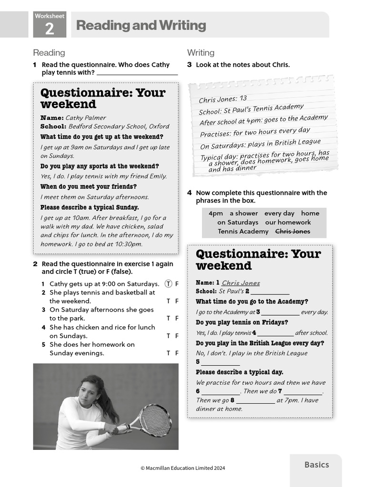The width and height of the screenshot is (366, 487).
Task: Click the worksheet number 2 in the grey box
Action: pos(49,29)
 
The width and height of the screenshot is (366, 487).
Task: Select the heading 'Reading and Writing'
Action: pos(141,25)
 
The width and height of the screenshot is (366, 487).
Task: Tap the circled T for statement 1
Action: pos(168,283)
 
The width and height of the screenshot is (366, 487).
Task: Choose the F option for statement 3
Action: pos(177,318)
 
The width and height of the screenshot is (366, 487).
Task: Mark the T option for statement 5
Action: pos(168,353)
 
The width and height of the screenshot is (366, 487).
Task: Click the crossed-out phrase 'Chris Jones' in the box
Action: pos(292,231)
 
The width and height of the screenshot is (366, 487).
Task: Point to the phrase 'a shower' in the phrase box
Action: pos(244,213)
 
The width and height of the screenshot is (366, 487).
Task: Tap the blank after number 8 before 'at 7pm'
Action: pos(255,400)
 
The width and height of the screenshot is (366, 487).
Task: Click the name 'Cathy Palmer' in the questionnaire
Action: pos(86,117)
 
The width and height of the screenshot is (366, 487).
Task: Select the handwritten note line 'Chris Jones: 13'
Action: pos(223,99)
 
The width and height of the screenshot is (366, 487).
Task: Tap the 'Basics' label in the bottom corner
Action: pos(316,465)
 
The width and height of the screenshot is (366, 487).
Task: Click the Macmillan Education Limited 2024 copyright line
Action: pos(183,468)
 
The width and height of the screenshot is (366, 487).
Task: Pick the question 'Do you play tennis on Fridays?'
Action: pos(242,322)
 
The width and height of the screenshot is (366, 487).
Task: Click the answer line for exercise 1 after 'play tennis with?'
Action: pos(137,73)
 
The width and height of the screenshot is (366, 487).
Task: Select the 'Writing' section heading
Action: pos(201,53)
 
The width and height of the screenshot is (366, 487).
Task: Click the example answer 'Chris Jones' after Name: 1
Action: pos(241,282)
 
